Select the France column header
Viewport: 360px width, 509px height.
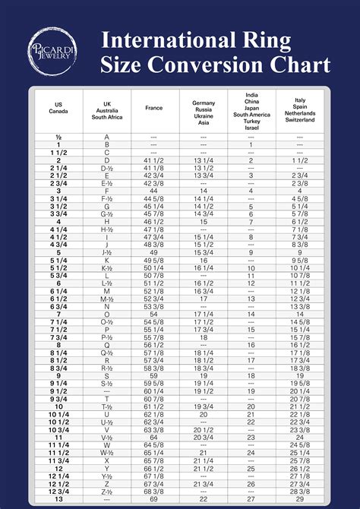point(153,108)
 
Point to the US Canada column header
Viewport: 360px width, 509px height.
point(58,108)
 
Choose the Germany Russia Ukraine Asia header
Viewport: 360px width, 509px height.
point(203,112)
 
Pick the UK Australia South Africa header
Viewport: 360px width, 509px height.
point(107,111)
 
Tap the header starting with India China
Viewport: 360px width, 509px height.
point(251,112)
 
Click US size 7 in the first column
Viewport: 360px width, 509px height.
point(58,314)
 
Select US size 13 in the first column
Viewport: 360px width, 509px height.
point(58,498)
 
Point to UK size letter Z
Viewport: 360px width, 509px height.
point(107,484)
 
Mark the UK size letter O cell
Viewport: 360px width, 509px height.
point(107,314)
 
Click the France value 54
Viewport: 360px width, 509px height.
point(153,314)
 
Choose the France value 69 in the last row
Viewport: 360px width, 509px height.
point(153,498)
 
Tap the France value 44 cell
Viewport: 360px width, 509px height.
point(153,191)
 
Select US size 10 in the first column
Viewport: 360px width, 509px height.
point(58,406)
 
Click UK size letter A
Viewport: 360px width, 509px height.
point(107,137)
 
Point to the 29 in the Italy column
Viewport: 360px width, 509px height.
point(299,498)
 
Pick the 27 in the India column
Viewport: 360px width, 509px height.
point(251,498)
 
